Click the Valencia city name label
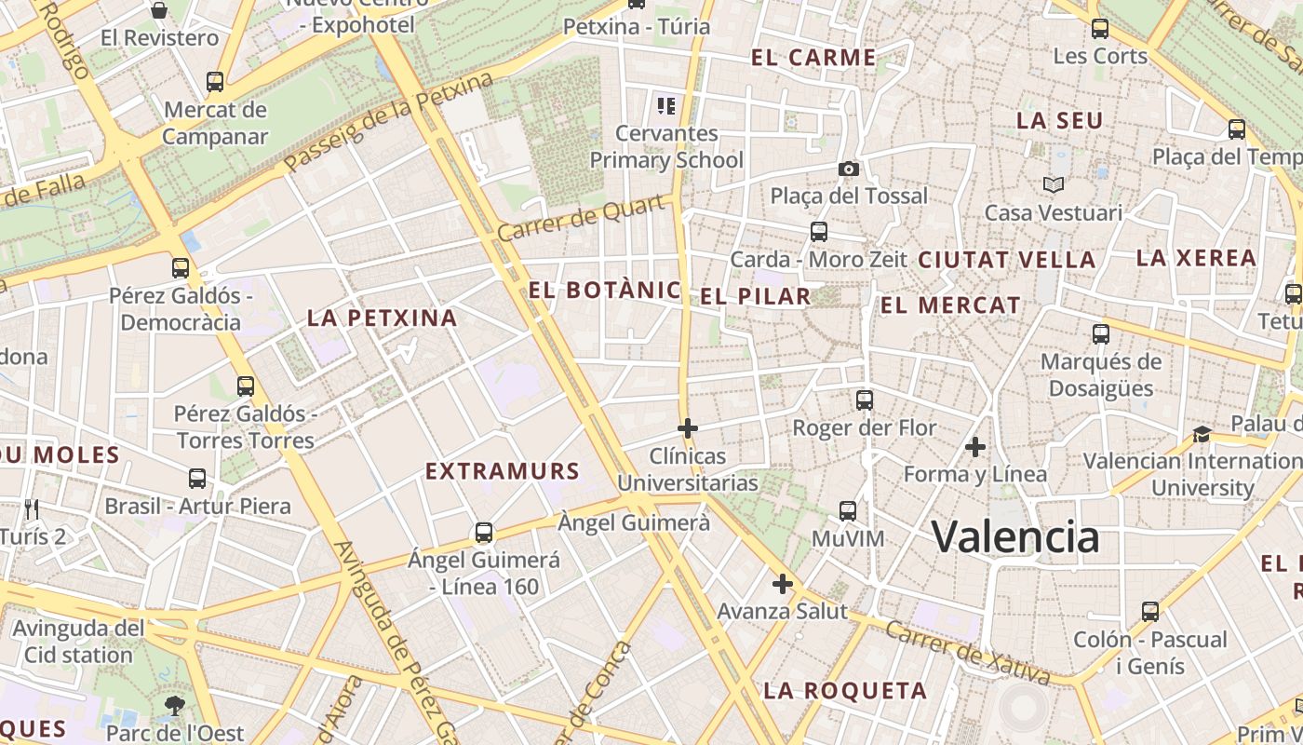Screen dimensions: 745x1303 (x=1015, y=537)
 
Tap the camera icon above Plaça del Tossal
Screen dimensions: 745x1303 (x=848, y=169)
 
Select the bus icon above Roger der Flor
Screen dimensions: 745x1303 (x=865, y=400)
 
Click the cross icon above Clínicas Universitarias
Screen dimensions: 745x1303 (x=688, y=428)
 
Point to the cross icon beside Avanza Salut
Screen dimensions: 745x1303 (x=783, y=584)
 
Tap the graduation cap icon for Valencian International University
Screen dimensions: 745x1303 (x=1202, y=434)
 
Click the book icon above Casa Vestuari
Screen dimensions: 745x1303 (x=1053, y=184)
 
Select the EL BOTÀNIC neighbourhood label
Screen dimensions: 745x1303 (x=605, y=291)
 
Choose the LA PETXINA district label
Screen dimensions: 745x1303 (x=383, y=318)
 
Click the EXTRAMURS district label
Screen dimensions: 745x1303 (x=503, y=472)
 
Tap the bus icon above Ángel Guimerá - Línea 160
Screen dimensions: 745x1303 (x=484, y=533)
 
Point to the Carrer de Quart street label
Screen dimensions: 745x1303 (x=584, y=219)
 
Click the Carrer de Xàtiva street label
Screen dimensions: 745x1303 (x=967, y=653)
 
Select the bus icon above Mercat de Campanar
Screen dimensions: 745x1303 (x=215, y=82)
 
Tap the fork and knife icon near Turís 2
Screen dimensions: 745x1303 (x=33, y=508)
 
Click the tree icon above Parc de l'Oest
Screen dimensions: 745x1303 (x=174, y=705)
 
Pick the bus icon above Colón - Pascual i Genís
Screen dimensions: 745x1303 (x=1150, y=612)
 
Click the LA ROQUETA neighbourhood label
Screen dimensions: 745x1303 (x=845, y=691)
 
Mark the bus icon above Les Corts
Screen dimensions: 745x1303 (x=1100, y=28)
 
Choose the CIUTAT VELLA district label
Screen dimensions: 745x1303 (x=1007, y=260)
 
